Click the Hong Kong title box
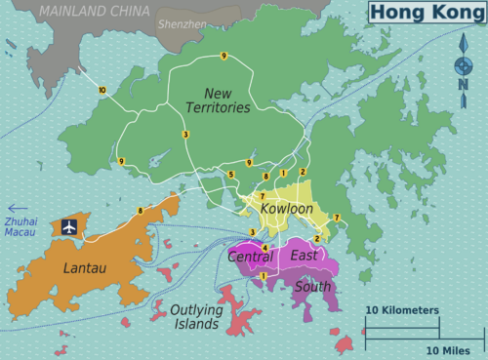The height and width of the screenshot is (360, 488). [426, 13]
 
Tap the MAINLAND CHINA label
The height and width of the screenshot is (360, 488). [96, 12]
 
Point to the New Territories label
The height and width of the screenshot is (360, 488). [220, 99]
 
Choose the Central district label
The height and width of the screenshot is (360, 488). [250, 257]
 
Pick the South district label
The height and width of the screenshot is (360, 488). [312, 287]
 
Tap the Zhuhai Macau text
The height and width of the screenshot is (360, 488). [20, 226]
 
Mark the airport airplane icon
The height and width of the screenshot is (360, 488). [69, 226]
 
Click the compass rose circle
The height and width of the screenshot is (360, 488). [464, 66]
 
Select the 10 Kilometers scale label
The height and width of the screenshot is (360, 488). [402, 309]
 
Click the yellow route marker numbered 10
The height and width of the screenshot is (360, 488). [102, 90]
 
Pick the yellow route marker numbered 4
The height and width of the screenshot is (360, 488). [264, 248]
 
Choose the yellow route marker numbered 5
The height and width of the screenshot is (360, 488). [231, 175]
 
